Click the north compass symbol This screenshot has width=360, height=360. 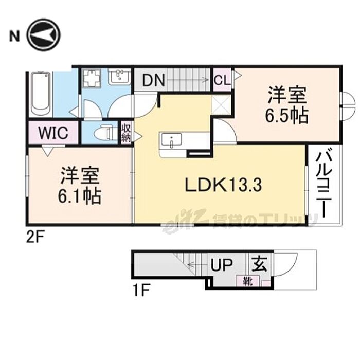pyautogui.click(x=43, y=34)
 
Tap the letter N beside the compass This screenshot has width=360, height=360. pyautogui.click(x=14, y=36)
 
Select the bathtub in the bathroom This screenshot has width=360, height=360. pyautogui.click(x=41, y=94)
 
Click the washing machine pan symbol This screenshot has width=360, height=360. pyautogui.click(x=92, y=78)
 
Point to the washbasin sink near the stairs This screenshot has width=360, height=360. pyautogui.click(x=119, y=77)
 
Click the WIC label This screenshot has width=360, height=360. pyautogui.click(x=53, y=133)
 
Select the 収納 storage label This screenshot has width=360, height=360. pyautogui.click(x=126, y=133)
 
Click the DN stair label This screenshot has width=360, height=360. pyautogui.click(x=153, y=80)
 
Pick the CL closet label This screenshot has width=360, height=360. pyautogui.click(x=223, y=80)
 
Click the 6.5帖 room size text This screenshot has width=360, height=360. pyautogui.click(x=287, y=116)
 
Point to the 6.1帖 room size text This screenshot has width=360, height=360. pyautogui.click(x=79, y=196)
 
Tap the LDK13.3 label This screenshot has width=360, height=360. pyautogui.click(x=223, y=185)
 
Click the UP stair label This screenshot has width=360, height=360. pyautogui.click(x=222, y=265)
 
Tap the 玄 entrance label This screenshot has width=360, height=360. pyautogui.click(x=260, y=264)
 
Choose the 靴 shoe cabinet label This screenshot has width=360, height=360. pyautogui.click(x=248, y=281)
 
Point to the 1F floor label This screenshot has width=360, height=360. pyautogui.click(x=141, y=290)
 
